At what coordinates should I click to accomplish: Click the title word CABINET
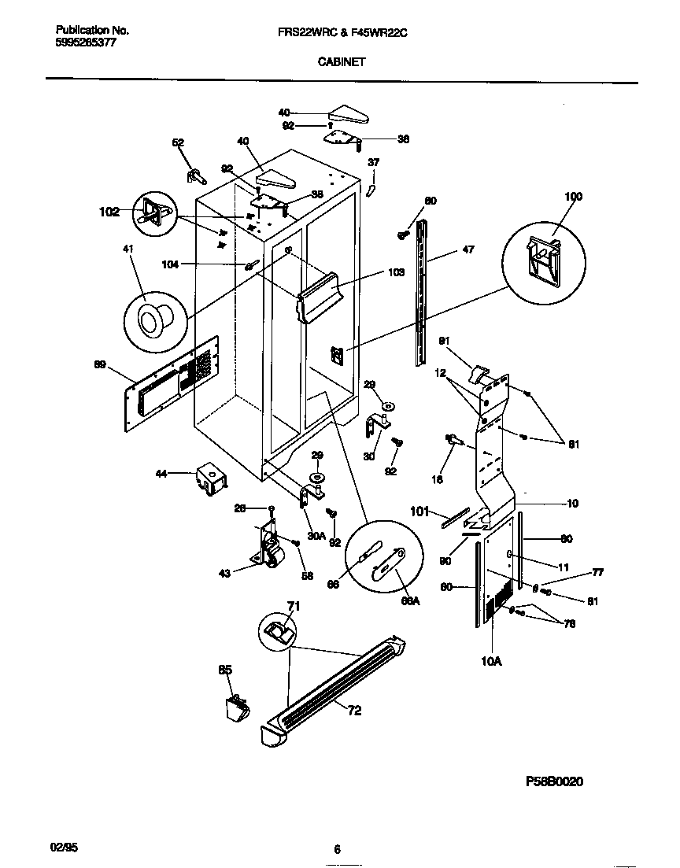coord(341,61)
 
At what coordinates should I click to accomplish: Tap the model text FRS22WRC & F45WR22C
coord(341,31)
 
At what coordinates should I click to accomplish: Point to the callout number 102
coord(109,211)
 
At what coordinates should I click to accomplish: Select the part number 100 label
coord(574,196)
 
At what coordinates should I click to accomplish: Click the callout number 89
coord(100,364)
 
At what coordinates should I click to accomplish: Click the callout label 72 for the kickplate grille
coord(355,711)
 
